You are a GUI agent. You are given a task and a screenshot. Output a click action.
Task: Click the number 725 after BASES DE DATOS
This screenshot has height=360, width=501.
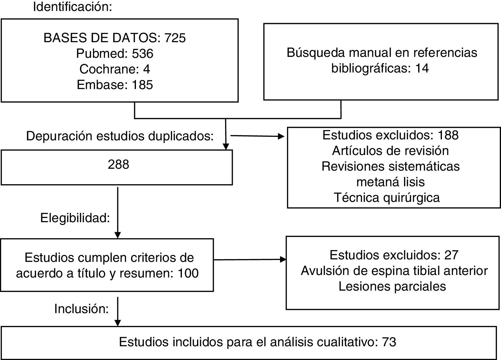[x=175, y=38]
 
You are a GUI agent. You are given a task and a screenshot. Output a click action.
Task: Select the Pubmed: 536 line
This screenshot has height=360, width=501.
[x=115, y=53]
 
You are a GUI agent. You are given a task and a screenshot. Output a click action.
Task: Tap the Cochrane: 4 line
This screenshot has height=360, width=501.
[x=115, y=69]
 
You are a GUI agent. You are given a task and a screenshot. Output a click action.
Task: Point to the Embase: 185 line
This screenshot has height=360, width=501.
[x=115, y=85]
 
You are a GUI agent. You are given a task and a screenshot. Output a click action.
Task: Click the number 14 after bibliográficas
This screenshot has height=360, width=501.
[x=422, y=68]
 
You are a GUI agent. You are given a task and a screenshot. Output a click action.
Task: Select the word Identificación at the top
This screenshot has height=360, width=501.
[x=73, y=7]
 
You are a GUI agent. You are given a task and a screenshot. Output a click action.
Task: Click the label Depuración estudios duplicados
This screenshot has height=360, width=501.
[x=120, y=136]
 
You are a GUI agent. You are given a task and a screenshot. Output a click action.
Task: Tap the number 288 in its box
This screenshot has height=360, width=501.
[x=118, y=164]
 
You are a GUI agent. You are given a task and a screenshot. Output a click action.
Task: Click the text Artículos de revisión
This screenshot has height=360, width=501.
[x=390, y=151]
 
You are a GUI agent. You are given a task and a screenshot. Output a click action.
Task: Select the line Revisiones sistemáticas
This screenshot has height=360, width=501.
[x=390, y=166]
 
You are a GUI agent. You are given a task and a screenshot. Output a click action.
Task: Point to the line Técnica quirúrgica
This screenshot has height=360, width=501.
[x=387, y=197]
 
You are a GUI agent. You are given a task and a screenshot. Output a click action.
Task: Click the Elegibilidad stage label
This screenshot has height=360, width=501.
[x=75, y=218]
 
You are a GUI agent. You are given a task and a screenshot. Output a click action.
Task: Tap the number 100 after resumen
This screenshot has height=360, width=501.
[x=188, y=273]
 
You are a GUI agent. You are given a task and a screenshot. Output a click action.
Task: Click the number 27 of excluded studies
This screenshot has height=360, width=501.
[x=451, y=255]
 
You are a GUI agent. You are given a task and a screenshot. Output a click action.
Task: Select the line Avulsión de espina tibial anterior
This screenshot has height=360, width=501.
[x=394, y=271]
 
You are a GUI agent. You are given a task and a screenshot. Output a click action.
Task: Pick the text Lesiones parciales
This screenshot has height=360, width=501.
[x=392, y=286]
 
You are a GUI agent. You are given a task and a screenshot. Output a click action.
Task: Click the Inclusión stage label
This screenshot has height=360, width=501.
[x=81, y=309]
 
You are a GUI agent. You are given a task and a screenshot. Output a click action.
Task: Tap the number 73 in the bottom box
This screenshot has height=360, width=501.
[x=389, y=342]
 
